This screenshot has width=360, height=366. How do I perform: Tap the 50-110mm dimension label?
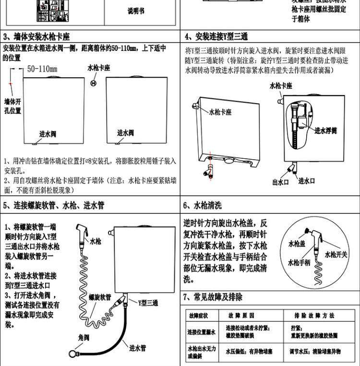point(42,69)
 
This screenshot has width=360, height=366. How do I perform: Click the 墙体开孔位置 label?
point(12,106)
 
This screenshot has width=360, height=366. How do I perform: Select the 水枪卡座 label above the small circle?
point(99,68)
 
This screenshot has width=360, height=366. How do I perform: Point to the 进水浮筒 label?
point(326,130)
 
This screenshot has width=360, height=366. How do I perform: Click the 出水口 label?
point(280,182)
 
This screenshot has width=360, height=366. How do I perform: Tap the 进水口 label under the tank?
point(306,181)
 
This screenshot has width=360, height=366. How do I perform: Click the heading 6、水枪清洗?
point(203,205)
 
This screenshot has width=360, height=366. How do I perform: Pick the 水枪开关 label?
point(336,255)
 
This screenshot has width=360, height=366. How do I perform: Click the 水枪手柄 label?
point(299,262)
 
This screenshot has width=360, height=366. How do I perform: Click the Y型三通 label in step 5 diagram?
point(148,303)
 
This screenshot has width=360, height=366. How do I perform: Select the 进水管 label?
point(137,347)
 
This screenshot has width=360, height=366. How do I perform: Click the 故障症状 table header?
point(198,316)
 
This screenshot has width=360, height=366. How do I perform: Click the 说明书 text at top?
point(135,11)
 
